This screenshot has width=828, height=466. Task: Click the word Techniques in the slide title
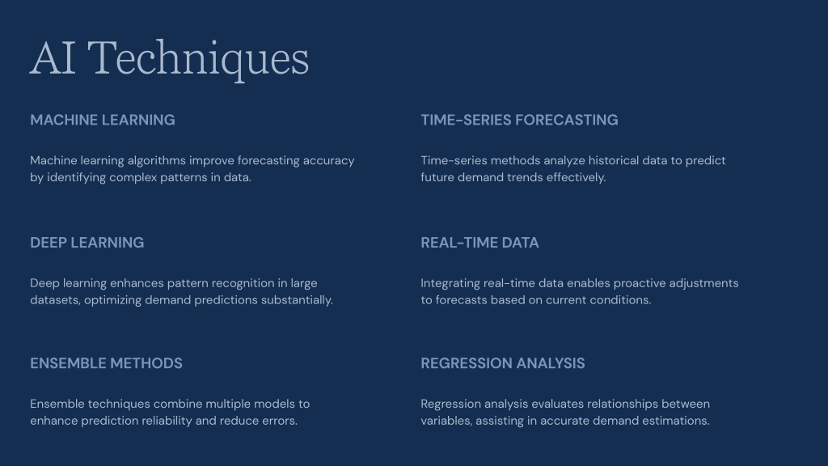click(x=198, y=59)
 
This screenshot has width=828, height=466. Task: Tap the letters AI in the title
click(x=53, y=58)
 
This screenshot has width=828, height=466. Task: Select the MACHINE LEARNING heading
click(x=103, y=120)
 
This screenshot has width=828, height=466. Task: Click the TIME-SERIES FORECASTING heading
click(x=519, y=120)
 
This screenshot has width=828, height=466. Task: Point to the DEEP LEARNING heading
click(x=87, y=243)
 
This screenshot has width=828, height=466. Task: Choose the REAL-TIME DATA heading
click(x=479, y=243)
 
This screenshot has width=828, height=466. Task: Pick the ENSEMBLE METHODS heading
click(x=106, y=363)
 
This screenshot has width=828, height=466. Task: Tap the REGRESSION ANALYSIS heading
click(x=503, y=363)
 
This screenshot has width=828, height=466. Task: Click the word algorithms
click(x=156, y=161)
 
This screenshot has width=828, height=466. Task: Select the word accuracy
click(x=328, y=161)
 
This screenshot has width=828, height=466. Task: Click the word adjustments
click(x=704, y=283)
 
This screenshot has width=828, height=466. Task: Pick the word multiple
click(x=228, y=404)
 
